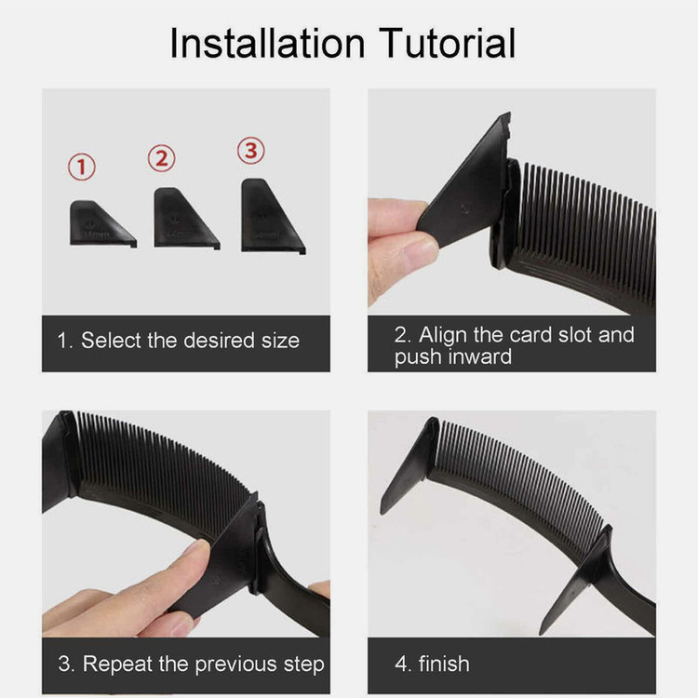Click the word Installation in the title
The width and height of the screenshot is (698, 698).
267,43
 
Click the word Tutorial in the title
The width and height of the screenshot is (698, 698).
447,43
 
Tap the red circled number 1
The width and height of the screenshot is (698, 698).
82,167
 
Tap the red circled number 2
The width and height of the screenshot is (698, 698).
162,158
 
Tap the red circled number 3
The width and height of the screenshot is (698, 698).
251,151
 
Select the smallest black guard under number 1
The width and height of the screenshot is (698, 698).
101,225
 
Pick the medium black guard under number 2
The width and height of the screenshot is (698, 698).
184,219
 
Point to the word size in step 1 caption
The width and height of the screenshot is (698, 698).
280,341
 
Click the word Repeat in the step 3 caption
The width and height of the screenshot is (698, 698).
118,664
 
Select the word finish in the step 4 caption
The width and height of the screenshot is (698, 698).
444,664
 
